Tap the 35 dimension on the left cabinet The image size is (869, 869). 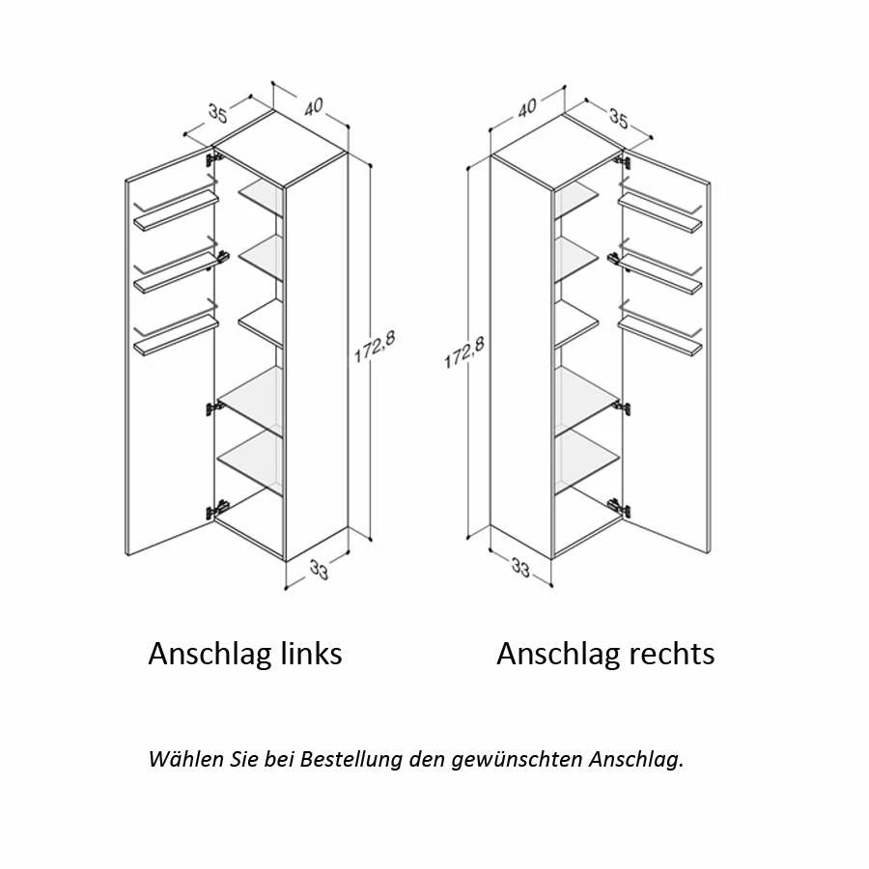216,113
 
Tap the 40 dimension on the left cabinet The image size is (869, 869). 313,107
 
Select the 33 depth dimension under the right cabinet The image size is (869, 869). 520,570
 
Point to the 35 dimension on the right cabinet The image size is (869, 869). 618,119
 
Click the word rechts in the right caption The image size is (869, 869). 669,654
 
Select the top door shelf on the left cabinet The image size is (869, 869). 177,210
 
